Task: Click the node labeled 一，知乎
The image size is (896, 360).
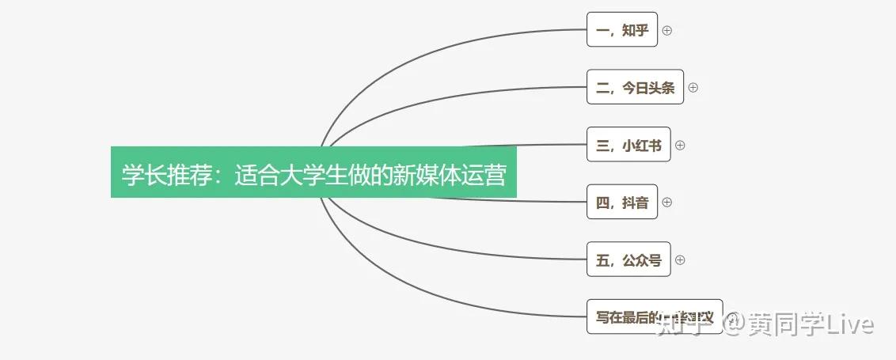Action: [x=621, y=30]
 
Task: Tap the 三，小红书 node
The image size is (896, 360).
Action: [x=628, y=145]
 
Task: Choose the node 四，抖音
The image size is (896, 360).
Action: [x=621, y=202]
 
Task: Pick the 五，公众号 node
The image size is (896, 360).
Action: [x=628, y=259]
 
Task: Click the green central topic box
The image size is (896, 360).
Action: [x=313, y=172]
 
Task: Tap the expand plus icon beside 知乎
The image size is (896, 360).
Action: [x=666, y=30]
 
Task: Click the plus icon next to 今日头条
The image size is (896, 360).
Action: [x=693, y=87]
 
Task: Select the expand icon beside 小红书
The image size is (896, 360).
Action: [x=679, y=145]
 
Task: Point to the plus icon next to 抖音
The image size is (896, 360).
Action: [x=666, y=202]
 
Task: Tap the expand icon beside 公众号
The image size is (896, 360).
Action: [x=679, y=259]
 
